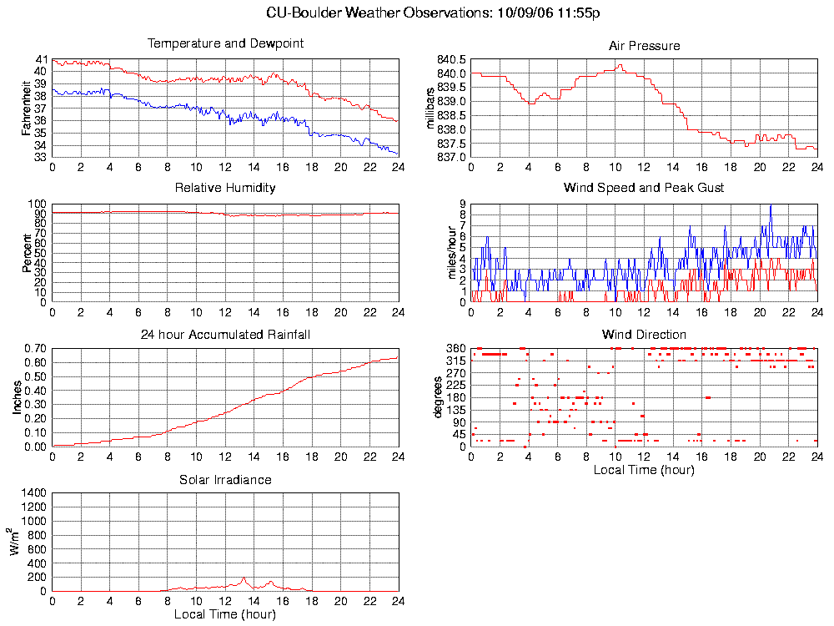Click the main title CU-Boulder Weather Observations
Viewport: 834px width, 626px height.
(x=434, y=13)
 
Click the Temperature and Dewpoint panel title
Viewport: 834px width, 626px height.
(x=225, y=43)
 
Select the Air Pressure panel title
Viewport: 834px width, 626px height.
(x=644, y=46)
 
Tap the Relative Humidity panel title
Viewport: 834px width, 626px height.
(x=225, y=188)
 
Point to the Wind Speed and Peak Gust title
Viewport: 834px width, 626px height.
(x=644, y=188)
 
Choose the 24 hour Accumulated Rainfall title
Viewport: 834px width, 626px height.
(x=225, y=335)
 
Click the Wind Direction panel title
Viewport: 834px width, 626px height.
(x=644, y=335)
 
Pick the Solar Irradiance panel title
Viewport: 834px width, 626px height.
(x=225, y=480)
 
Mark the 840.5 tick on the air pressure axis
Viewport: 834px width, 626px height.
(x=451, y=60)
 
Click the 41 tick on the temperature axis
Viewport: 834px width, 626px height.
(x=41, y=60)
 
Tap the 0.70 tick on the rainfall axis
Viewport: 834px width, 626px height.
(x=34, y=348)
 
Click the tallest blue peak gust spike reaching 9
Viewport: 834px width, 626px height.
(x=771, y=205)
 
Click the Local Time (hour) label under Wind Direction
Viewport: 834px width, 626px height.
(x=644, y=470)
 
